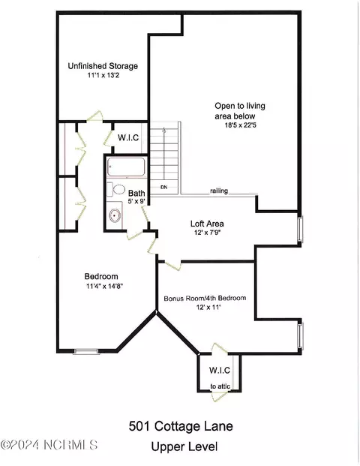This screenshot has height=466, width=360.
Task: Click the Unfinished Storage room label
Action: pyautogui.click(x=102, y=66)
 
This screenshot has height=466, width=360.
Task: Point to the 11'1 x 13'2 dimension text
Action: pyautogui.click(x=102, y=76)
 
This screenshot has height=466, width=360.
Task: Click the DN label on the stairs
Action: pyautogui.click(x=163, y=186)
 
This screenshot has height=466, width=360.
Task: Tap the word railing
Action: pyautogui.click(x=219, y=191)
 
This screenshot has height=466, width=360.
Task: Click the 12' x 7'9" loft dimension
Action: pyautogui.click(x=206, y=233)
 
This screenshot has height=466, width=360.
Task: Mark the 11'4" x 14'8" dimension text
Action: pyautogui.click(x=103, y=285)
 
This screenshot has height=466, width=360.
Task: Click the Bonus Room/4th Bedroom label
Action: pyautogui.click(x=205, y=298)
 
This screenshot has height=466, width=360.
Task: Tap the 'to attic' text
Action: pyautogui.click(x=220, y=386)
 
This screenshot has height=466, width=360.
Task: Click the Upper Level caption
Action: pyautogui.click(x=184, y=446)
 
